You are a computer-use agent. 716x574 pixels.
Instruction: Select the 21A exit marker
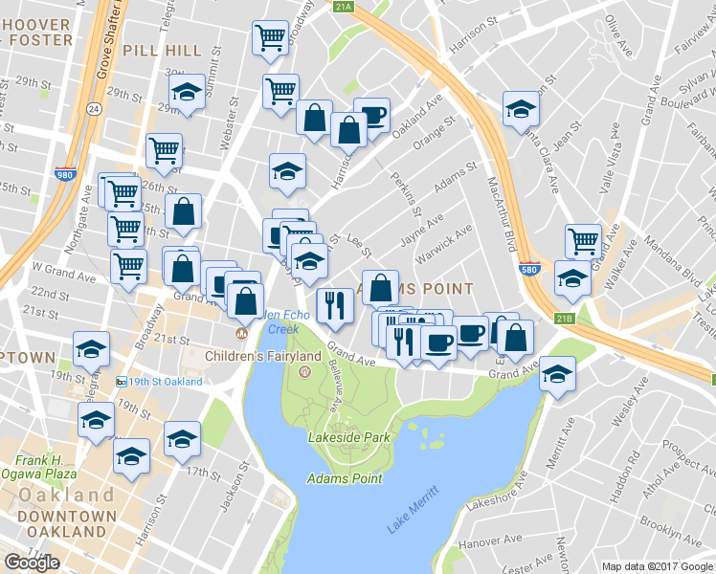click(345, 7)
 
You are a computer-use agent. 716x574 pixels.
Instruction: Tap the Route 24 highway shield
click(93, 109)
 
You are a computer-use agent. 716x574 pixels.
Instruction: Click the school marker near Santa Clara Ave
click(522, 108)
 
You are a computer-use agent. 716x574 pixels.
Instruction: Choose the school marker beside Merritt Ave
click(556, 373)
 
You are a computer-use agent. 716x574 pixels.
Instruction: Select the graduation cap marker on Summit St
click(187, 92)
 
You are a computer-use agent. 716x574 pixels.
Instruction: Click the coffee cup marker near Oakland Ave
click(372, 115)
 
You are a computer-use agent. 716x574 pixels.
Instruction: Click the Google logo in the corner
click(32, 563)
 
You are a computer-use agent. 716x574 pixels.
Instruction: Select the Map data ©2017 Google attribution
click(657, 566)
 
